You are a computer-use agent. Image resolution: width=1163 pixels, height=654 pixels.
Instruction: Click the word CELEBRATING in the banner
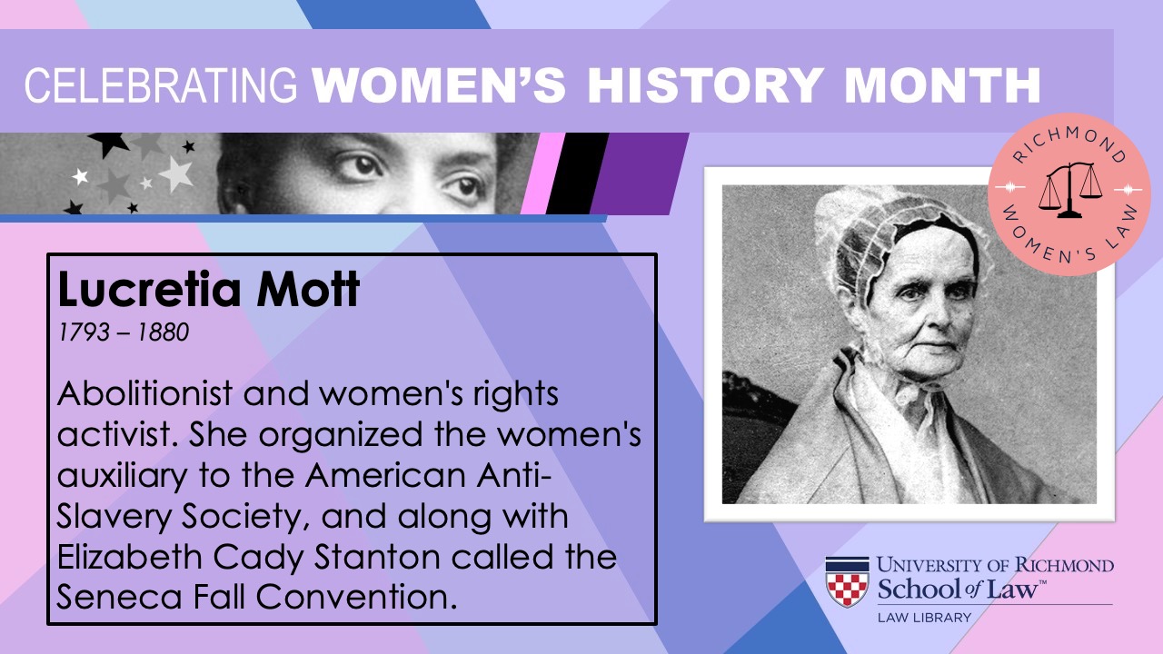click(161, 85)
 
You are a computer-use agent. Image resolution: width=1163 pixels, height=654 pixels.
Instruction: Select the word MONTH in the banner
click(942, 85)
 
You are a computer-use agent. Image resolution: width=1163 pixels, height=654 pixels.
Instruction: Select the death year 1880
click(163, 332)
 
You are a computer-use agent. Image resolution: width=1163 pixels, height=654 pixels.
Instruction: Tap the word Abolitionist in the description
click(144, 393)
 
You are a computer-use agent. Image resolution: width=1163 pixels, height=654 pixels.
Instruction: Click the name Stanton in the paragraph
click(377, 557)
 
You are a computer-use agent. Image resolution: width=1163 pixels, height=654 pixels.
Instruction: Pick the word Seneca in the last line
click(119, 598)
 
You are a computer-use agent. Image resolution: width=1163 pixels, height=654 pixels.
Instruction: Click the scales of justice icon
click(1070, 190)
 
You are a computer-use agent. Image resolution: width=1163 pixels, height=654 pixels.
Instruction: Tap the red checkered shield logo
click(847, 582)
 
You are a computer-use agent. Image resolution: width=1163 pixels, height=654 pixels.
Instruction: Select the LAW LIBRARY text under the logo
click(924, 618)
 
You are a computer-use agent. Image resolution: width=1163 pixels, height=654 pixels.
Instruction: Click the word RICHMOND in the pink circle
click(1069, 144)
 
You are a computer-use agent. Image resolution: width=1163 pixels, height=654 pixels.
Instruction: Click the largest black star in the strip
click(108, 144)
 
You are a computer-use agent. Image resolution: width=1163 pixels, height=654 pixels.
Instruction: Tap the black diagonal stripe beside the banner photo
click(577, 173)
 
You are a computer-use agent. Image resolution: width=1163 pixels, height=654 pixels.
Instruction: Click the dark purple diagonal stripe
click(640, 173)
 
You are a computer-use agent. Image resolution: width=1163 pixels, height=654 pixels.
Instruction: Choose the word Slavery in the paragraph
click(114, 517)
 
